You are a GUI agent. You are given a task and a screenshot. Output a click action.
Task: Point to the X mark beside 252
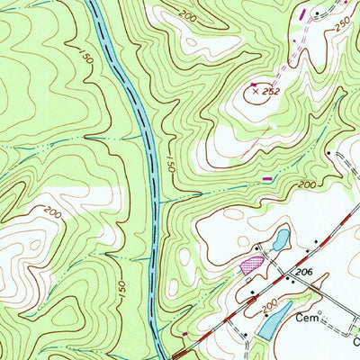coord(255,90)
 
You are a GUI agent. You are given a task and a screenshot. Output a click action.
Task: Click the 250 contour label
coord(343,27)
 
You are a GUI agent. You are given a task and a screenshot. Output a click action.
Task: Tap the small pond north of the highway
coord(280,239)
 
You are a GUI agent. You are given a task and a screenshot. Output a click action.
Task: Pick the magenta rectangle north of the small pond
coord(266,179)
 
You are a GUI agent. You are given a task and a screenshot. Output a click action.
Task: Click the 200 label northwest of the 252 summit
coord(186,16)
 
